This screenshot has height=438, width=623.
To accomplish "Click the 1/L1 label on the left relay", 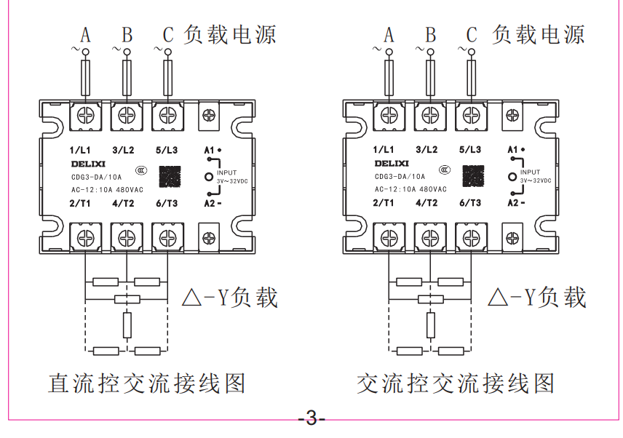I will [79, 150].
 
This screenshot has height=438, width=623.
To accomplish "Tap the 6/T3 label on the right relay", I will [470, 203].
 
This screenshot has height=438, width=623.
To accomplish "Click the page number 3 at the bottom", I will [311, 420].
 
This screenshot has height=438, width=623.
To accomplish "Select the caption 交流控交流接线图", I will [456, 383].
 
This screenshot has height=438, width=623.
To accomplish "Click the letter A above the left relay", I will [85, 34].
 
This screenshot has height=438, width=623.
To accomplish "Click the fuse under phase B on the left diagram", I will [127, 76].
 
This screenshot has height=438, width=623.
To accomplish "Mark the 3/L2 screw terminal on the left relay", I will [126, 115].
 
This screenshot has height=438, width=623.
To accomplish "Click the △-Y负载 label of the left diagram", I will [230, 298].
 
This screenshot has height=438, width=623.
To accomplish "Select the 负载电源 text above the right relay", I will [539, 34].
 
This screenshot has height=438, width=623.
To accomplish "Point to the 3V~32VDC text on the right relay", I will [536, 180].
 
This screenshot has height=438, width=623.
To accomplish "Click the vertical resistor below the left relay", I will [127, 324].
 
